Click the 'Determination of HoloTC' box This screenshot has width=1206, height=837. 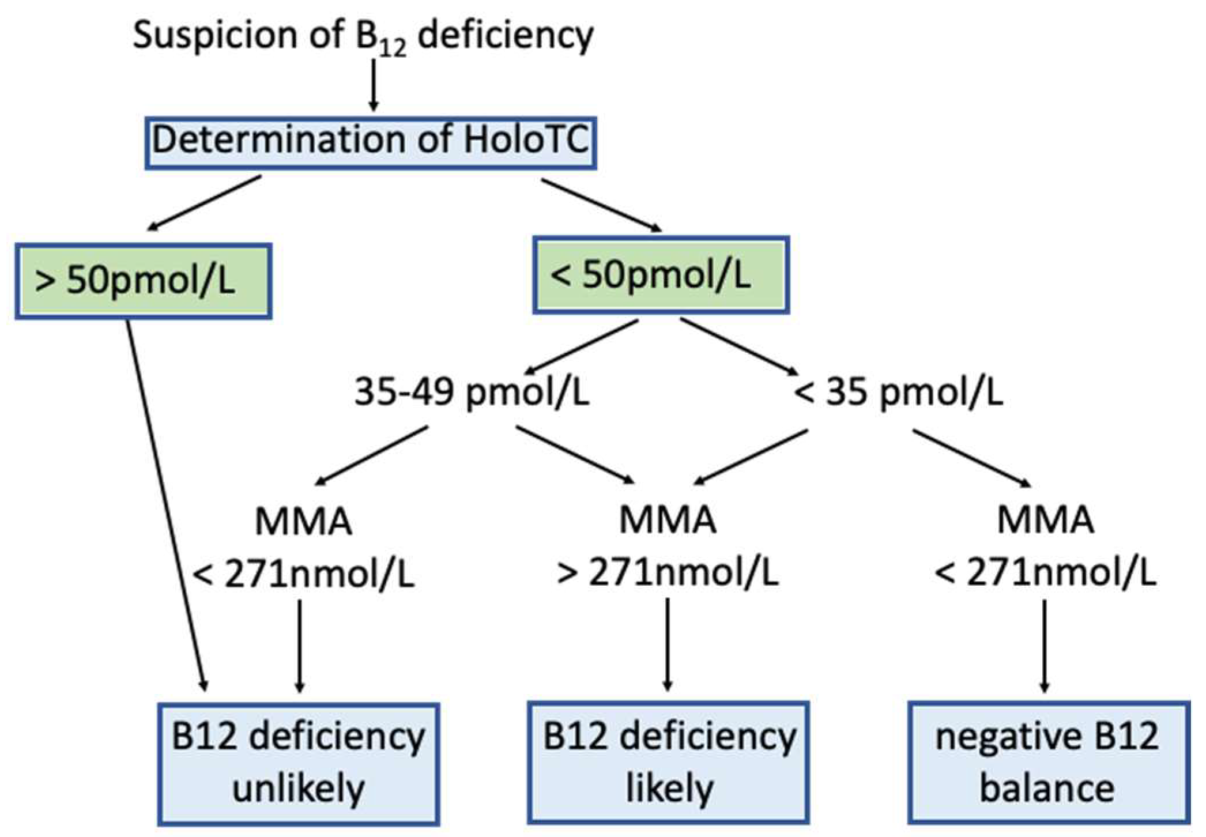pos(371,143)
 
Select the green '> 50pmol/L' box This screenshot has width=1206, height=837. pos(143,281)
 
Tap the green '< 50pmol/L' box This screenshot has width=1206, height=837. pos(660,274)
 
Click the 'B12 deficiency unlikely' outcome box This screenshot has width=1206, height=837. pos(298,763)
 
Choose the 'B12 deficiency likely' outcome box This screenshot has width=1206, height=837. pos(668,762)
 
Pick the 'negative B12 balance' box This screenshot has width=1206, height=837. pos(1048,763)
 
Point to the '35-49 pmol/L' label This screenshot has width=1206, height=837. pos(472,393)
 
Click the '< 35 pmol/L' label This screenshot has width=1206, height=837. pos(898,393)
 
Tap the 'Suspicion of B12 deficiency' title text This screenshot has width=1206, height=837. pos(363,36)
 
